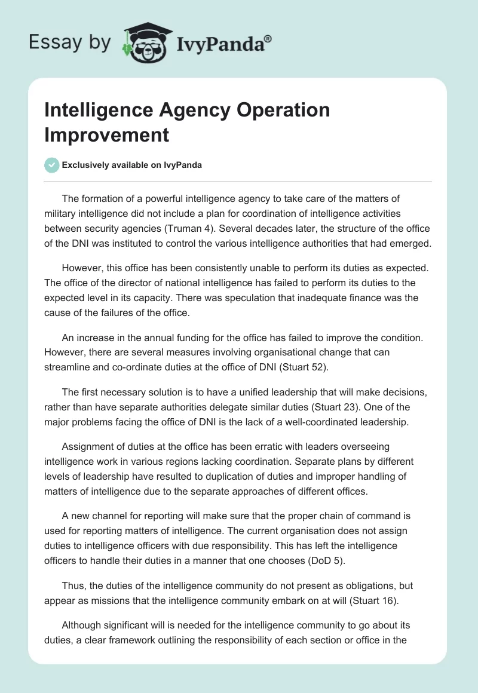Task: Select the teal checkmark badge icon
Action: click(52, 165)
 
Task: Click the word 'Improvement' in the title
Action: click(106, 134)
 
